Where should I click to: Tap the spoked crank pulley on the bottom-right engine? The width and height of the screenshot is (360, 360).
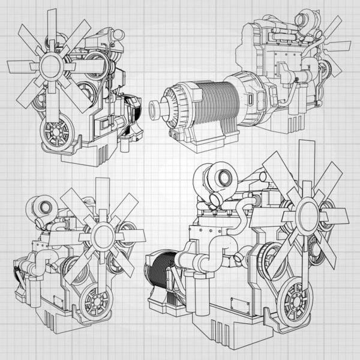click(295, 299)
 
